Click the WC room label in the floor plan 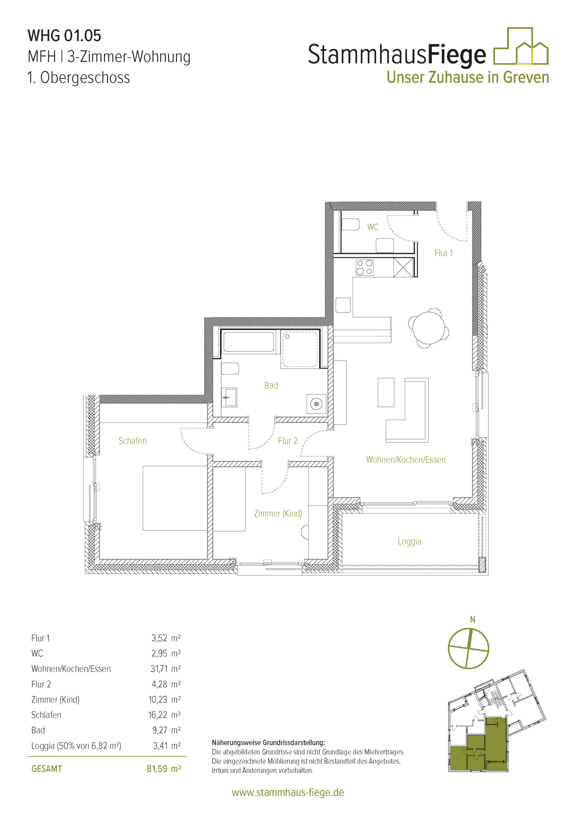[373, 227]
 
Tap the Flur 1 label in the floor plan [443, 253]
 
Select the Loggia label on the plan [409, 542]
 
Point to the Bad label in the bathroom [271, 385]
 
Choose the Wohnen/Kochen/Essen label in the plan [406, 460]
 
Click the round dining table [428, 328]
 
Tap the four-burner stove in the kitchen [364, 267]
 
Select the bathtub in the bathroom [248, 342]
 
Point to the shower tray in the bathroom [300, 349]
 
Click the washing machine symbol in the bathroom [316, 404]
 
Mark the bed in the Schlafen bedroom [175, 498]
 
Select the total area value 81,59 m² [164, 769]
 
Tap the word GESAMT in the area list [46, 769]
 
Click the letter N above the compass [472, 619]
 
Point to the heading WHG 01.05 [64, 35]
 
